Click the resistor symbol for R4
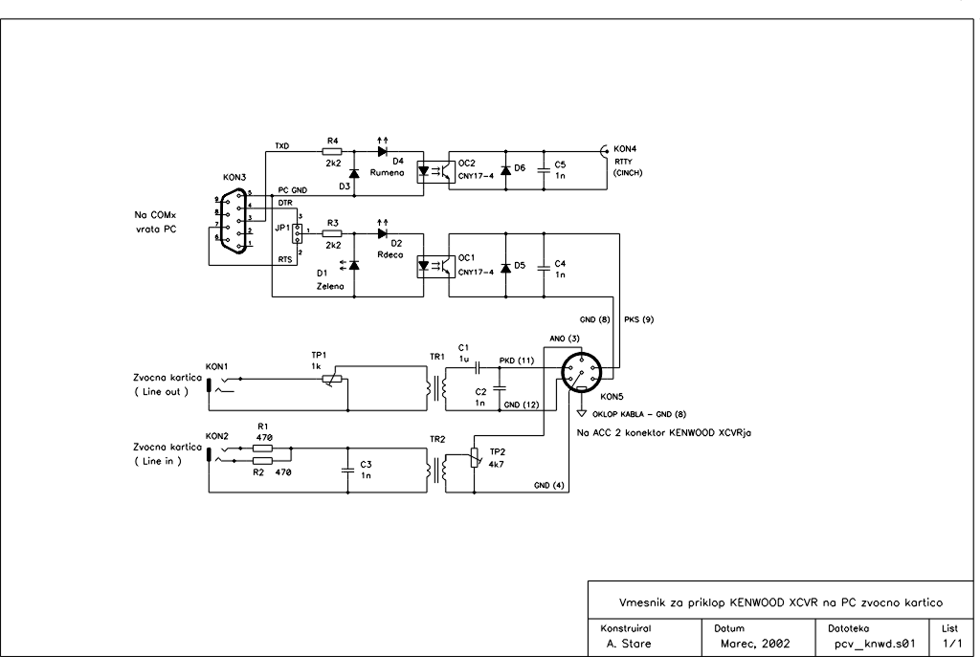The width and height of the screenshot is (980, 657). click(332, 151)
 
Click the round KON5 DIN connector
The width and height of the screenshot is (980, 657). click(581, 373)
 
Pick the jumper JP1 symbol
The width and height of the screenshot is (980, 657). click(299, 233)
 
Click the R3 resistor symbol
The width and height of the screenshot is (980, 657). click(332, 233)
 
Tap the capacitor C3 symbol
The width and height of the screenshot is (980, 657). click(347, 470)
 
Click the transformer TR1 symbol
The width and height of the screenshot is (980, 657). click(435, 388)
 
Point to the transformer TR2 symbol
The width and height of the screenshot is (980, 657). click(435, 470)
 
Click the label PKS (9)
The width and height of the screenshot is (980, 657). click(638, 319)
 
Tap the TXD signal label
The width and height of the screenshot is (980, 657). click(282, 146)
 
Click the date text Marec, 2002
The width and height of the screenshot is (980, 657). click(755, 644)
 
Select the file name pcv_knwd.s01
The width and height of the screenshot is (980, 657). click(875, 644)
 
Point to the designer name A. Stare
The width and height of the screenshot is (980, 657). click(628, 644)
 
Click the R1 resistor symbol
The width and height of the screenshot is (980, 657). click(263, 448)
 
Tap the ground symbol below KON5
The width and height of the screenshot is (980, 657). click(581, 413)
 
